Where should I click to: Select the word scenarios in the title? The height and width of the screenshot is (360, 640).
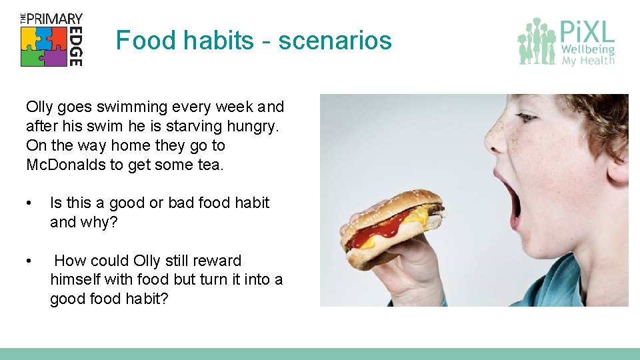coord(335,41)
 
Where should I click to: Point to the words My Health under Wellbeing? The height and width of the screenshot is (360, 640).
coord(587,61)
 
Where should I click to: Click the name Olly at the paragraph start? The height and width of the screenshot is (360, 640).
coord(39,107)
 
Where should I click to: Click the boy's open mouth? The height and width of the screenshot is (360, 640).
coord(509,196)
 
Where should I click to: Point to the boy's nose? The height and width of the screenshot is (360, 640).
coord(497,137)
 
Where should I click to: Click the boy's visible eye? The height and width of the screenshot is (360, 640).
coord(527,117)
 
